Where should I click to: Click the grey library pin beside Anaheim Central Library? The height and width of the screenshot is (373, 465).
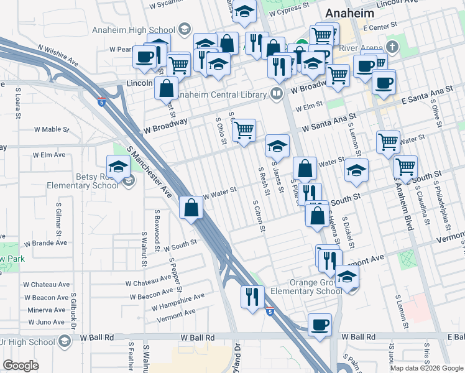[277, 94]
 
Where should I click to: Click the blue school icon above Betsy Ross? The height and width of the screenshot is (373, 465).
[118, 167]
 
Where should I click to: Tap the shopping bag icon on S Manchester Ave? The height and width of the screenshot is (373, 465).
[191, 207]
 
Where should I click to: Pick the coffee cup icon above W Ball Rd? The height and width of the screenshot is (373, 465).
[320, 325]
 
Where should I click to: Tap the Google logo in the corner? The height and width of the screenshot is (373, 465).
[21, 365]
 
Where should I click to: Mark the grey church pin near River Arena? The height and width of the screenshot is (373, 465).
[392, 47]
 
